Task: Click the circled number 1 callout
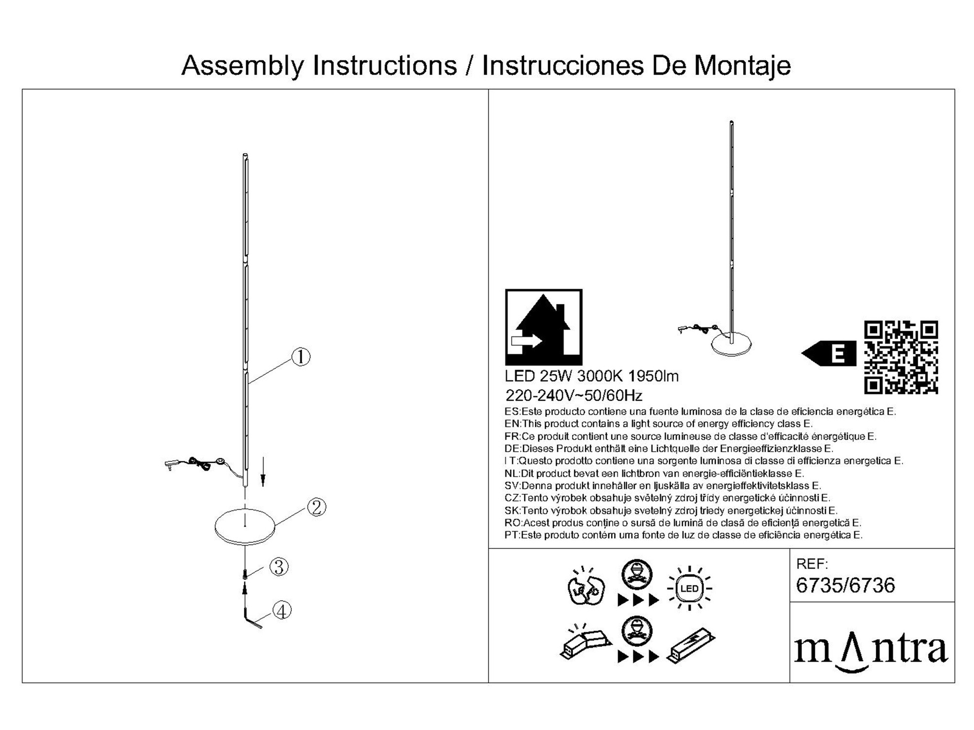(301, 357)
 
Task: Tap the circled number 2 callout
(317, 507)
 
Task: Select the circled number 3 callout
(279, 567)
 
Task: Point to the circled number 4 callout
(282, 610)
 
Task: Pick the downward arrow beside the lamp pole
(263, 471)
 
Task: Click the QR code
(901, 357)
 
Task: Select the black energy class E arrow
(828, 353)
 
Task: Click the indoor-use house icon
(544, 327)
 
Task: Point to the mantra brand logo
(871, 650)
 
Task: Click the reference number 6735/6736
(846, 586)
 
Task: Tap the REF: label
(812, 564)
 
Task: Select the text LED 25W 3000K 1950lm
(592, 376)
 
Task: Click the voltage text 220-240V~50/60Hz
(574, 395)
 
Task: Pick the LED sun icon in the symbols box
(689, 588)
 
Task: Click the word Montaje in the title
(742, 66)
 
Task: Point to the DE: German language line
(669, 449)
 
